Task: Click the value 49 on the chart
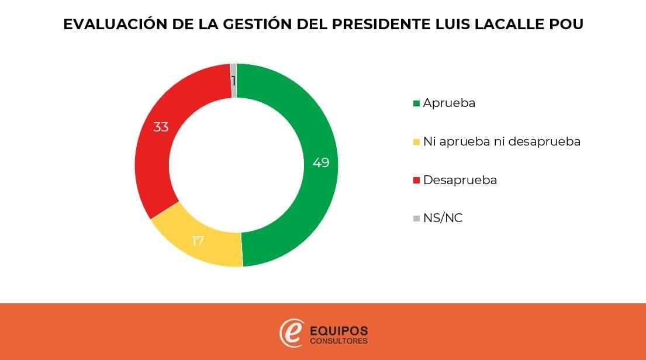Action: (x=320, y=162)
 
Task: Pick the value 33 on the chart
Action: (x=161, y=127)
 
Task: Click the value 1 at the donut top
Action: (x=233, y=81)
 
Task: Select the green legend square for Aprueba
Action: (x=416, y=103)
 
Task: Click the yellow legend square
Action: (x=416, y=142)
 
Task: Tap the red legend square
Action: (x=416, y=181)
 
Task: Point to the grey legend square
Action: (x=416, y=219)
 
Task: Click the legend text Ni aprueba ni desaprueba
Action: (x=502, y=141)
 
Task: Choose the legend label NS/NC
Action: (x=443, y=219)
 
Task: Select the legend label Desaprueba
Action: (x=460, y=180)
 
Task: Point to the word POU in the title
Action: (x=566, y=25)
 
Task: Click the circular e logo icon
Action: (x=291, y=333)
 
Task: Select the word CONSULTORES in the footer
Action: (x=339, y=341)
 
